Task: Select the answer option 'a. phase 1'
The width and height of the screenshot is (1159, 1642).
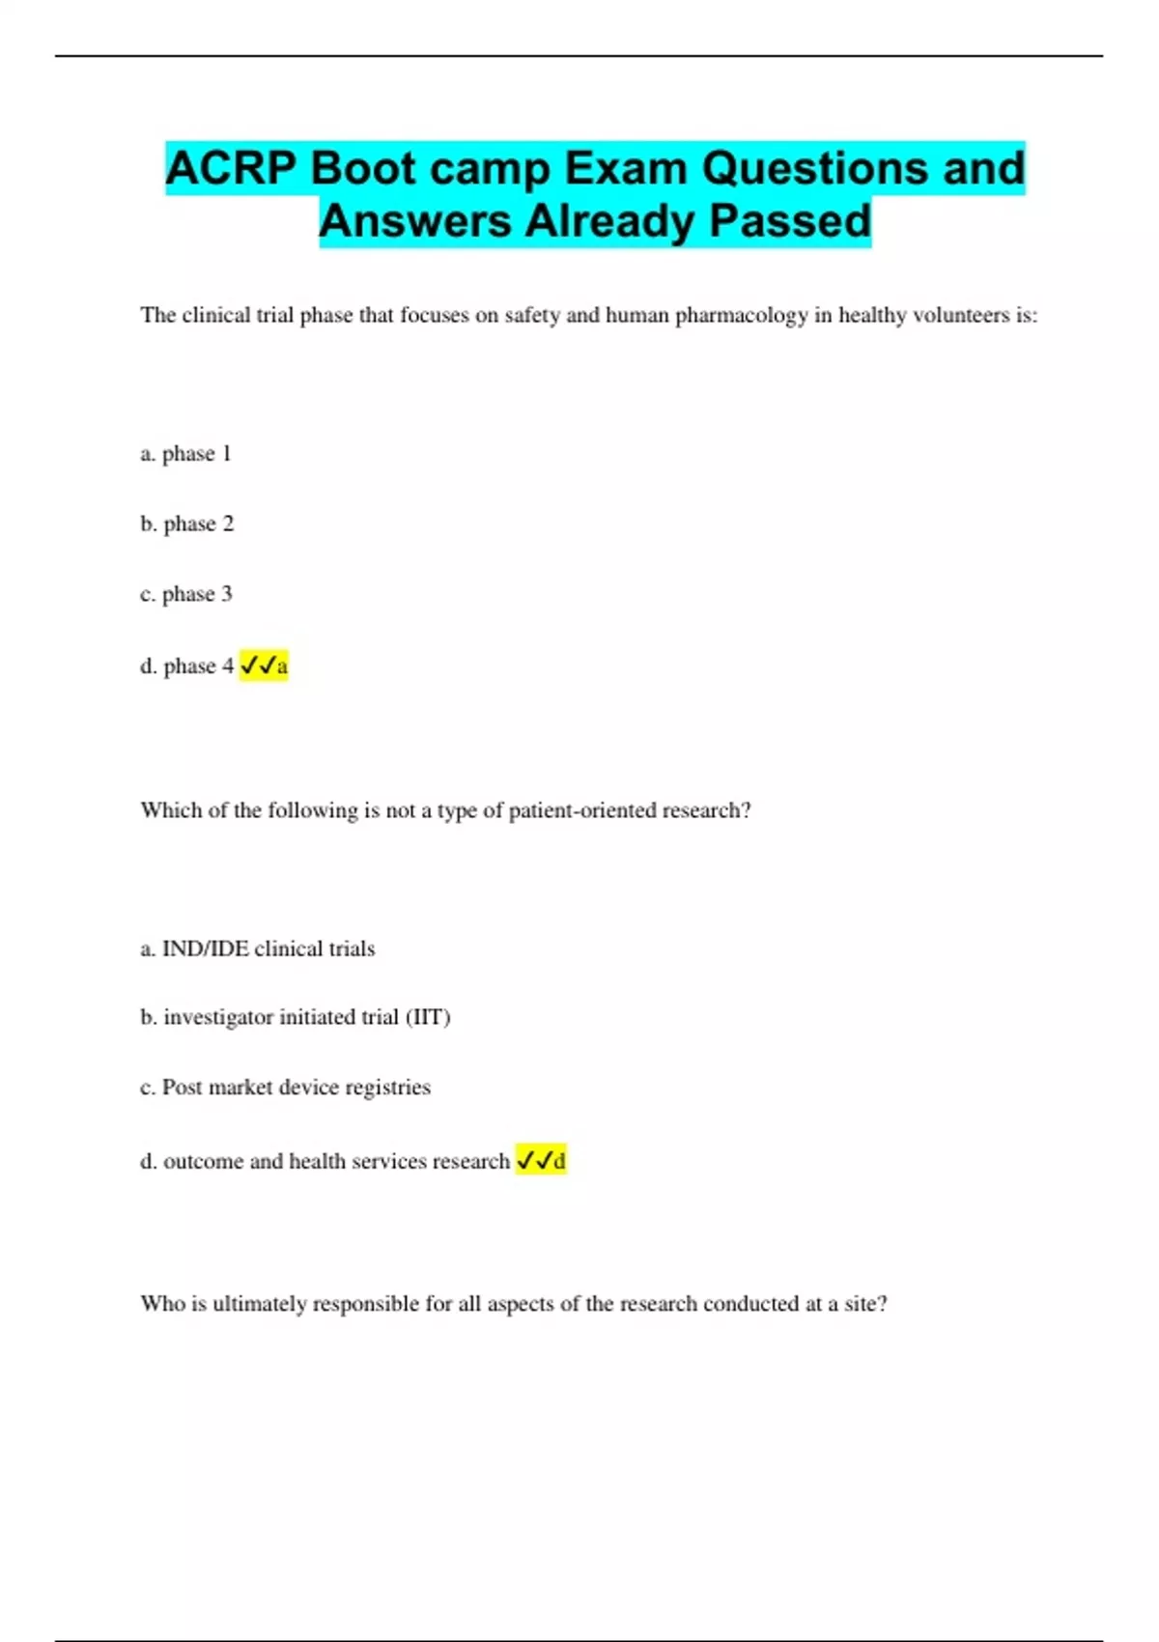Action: (x=185, y=454)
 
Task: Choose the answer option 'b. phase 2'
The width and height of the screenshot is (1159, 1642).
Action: (x=186, y=524)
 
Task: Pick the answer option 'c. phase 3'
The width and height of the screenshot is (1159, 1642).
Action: (x=185, y=594)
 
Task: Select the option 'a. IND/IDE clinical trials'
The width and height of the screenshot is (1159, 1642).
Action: (x=257, y=949)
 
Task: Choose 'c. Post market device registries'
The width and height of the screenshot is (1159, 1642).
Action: (x=285, y=1088)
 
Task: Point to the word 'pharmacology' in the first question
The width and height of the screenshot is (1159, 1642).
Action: (x=741, y=316)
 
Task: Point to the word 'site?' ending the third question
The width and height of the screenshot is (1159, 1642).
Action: (x=865, y=1304)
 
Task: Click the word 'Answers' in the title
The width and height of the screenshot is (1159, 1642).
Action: (x=415, y=221)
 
